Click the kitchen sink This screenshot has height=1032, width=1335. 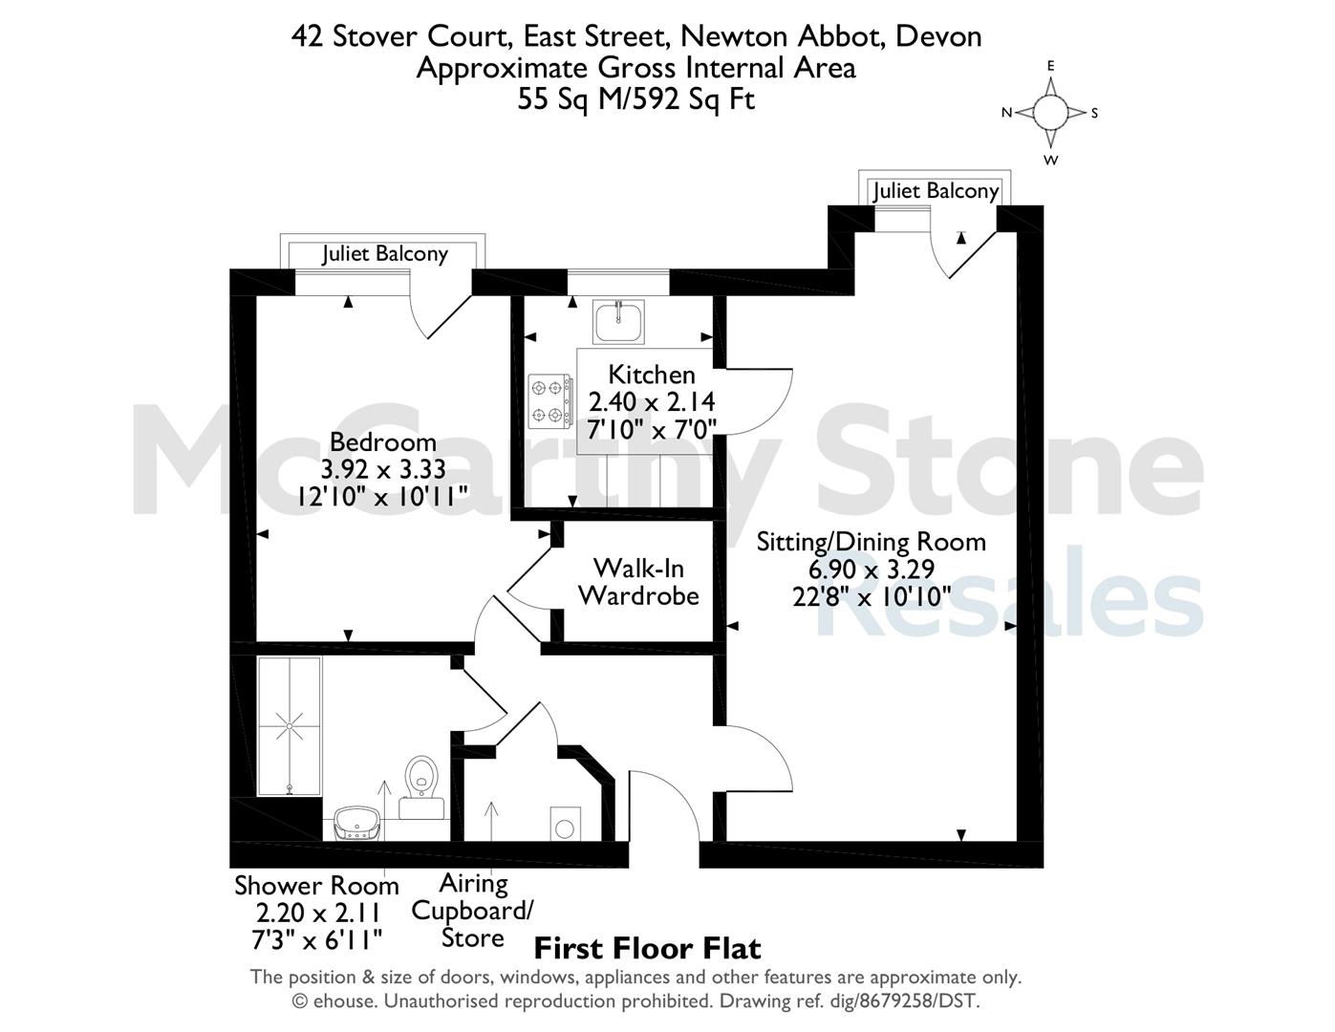[618, 321]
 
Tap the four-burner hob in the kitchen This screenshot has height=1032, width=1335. [550, 401]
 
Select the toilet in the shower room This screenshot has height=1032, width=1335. [421, 787]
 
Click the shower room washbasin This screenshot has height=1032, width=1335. [358, 824]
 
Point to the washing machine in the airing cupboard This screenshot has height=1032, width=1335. [566, 823]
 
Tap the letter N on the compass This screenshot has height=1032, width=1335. [1006, 113]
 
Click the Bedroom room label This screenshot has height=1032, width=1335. [383, 442]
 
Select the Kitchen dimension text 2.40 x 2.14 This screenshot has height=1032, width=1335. [652, 401]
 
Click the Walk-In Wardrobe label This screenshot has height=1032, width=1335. [639, 582]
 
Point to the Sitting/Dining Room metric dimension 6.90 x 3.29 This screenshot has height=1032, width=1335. [872, 570]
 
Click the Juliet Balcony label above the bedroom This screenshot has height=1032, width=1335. [385, 254]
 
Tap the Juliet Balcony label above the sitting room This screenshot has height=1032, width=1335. [936, 191]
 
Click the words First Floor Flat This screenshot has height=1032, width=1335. [648, 949]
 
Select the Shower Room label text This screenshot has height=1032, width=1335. [316, 886]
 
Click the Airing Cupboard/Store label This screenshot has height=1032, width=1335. [472, 912]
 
